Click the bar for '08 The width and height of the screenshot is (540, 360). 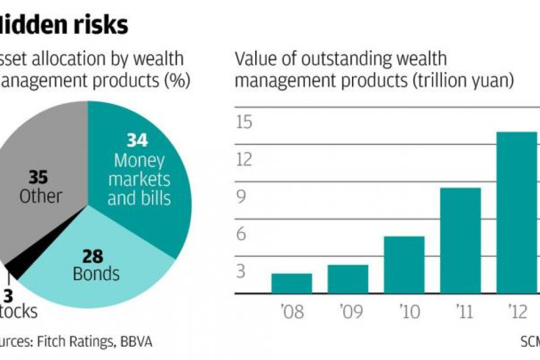tap(292, 283)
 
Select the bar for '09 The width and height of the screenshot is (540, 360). tap(348, 279)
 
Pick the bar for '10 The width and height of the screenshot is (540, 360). tap(404, 265)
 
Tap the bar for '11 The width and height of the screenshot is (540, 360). tap(460, 240)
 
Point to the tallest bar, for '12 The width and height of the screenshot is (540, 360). tap(516, 212)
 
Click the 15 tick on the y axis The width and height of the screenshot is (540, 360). tap(244, 122)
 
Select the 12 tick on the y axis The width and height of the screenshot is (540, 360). tap(244, 159)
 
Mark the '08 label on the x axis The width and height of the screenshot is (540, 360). tap(292, 312)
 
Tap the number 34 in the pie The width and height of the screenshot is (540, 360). tap(137, 141)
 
